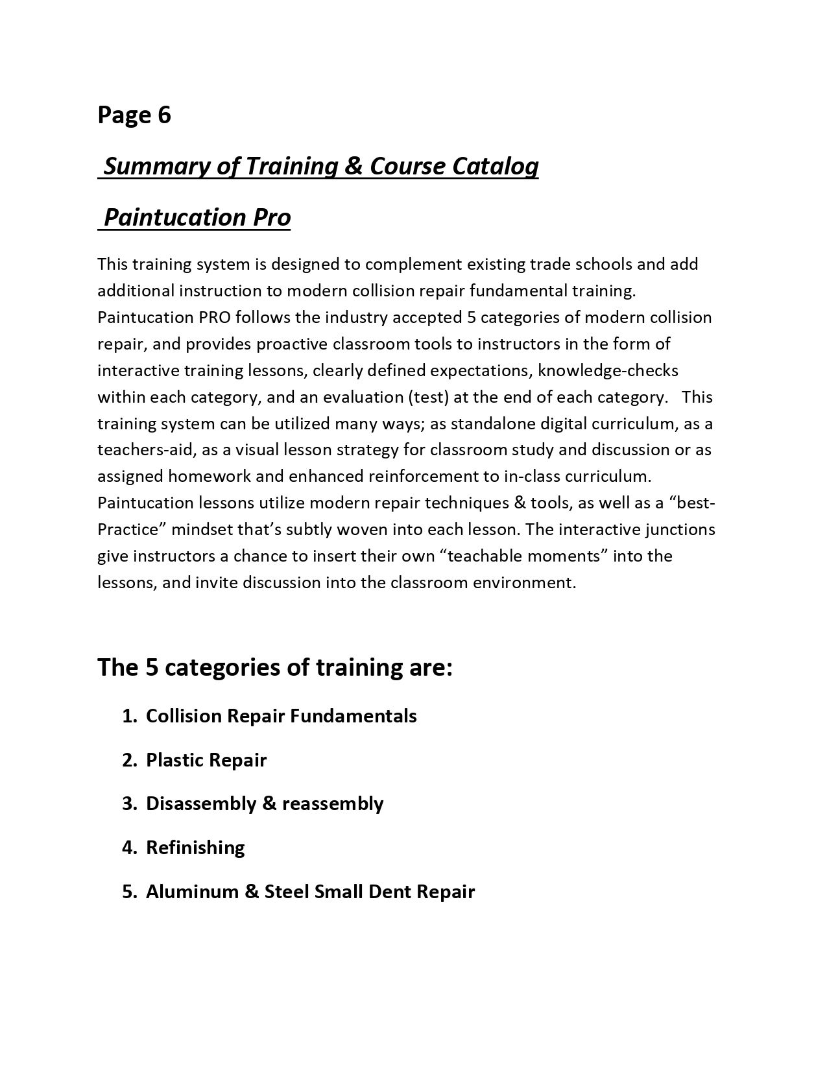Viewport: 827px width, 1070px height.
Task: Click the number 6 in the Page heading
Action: [163, 115]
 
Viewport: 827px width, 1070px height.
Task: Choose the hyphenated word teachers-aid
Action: [136, 449]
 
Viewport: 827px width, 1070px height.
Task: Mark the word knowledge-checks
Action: [608, 370]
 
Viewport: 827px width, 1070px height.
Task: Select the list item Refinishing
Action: [195, 848]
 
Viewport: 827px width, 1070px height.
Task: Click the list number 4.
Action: [128, 848]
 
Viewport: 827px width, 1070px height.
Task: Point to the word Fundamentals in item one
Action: [353, 716]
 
